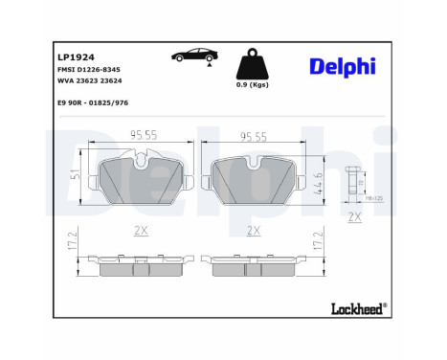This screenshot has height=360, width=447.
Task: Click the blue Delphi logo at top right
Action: tap(342, 66)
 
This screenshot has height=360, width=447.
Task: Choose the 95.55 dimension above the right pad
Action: tap(253, 137)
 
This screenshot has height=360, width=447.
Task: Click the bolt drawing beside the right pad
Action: tap(352, 182)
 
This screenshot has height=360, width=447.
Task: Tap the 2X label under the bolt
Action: tap(354, 218)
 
